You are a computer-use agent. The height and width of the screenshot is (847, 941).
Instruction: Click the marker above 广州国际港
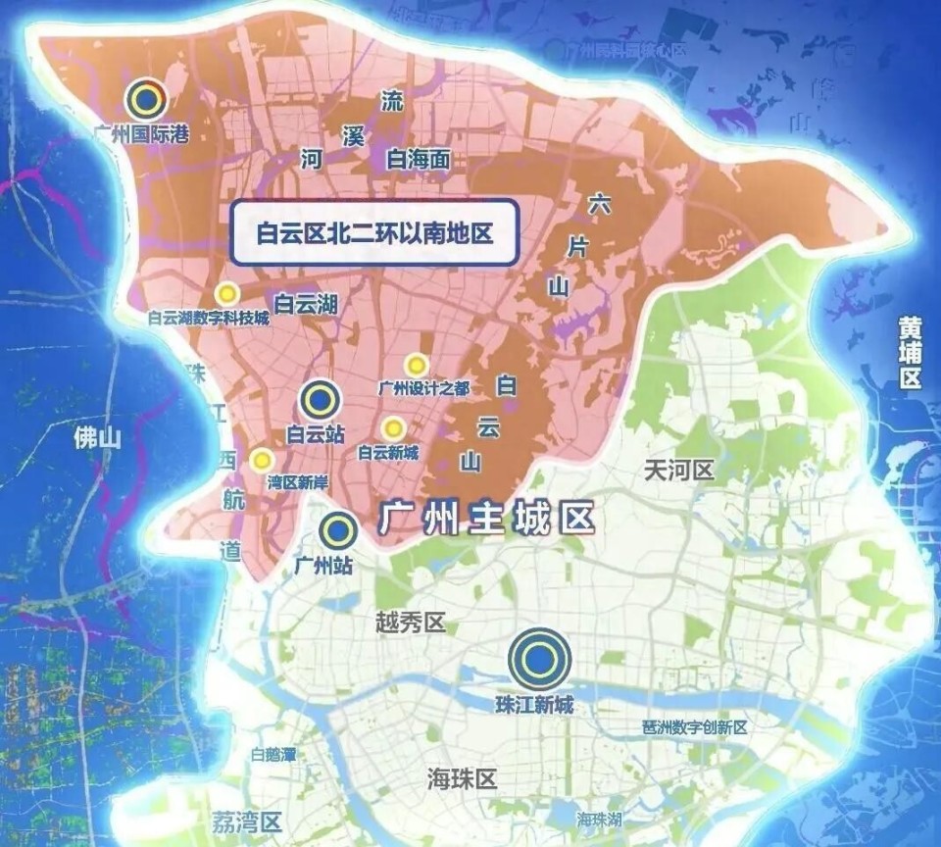pyautogui.click(x=146, y=98)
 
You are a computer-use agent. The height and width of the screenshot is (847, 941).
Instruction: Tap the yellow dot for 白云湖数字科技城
pyautogui.click(x=227, y=293)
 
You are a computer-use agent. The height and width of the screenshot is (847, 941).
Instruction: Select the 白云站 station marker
pyautogui.click(x=320, y=400)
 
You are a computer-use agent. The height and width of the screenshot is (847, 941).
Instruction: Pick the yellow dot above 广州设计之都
pyautogui.click(x=417, y=365)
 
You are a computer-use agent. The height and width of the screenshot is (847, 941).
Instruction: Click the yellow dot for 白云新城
pyautogui.click(x=393, y=428)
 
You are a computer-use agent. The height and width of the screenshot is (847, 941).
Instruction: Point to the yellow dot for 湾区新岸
pyautogui.click(x=261, y=459)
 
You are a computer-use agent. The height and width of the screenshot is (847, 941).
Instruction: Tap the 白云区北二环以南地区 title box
pyautogui.click(x=373, y=232)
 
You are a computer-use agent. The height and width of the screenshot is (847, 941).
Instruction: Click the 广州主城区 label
pyautogui.click(x=487, y=518)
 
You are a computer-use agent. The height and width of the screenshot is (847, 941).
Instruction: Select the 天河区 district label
pyautogui.click(x=678, y=471)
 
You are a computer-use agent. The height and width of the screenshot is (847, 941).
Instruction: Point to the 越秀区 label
pyautogui.click(x=411, y=623)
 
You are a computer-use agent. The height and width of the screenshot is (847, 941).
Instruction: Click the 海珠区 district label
pyautogui.click(x=463, y=779)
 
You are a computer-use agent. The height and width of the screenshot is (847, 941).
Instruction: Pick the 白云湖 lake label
pyautogui.click(x=305, y=304)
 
